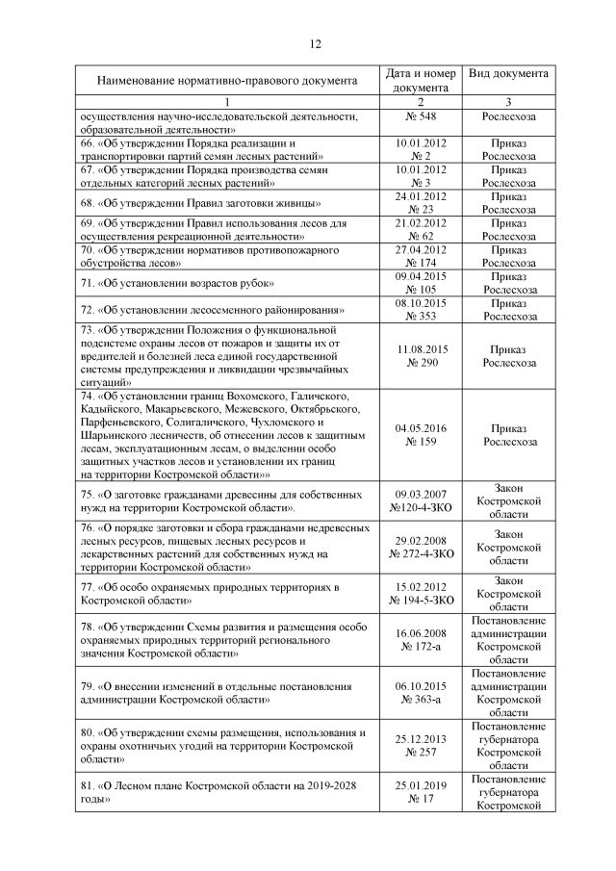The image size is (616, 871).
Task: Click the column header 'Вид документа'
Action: click(x=508, y=74)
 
